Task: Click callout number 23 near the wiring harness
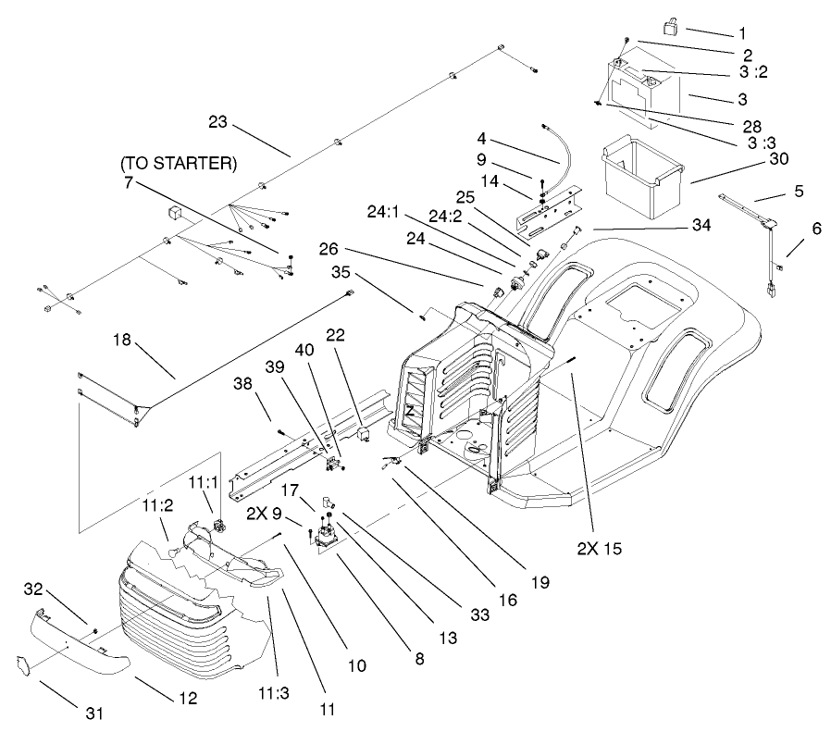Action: point(217,121)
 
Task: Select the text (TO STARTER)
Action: point(179,164)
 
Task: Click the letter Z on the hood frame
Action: point(408,408)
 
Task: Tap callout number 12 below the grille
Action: point(188,699)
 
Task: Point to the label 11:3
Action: point(271,691)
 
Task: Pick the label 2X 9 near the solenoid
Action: point(267,513)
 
